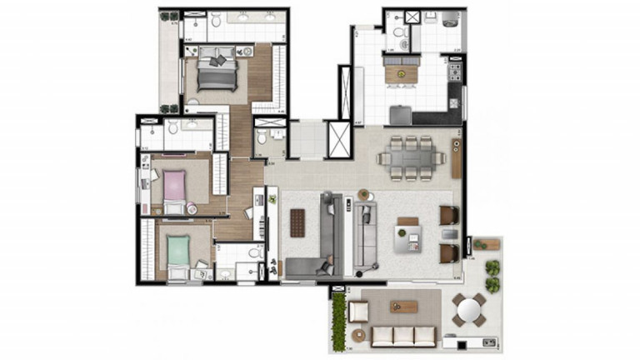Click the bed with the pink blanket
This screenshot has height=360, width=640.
pyautogui.click(x=175, y=187)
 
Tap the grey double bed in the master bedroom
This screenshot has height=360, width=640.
pyautogui.click(x=217, y=77)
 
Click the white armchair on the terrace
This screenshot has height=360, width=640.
pyautogui.click(x=359, y=311)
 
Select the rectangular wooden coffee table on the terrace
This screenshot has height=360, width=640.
pyautogui.click(x=403, y=307)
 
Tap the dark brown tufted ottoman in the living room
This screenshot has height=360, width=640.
pyautogui.click(x=298, y=222)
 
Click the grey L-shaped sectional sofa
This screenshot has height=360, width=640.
pyautogui.click(x=322, y=242)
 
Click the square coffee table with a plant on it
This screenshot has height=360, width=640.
pyautogui.click(x=408, y=240)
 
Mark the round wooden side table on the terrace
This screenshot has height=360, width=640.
pyautogui.click(x=359, y=335)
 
